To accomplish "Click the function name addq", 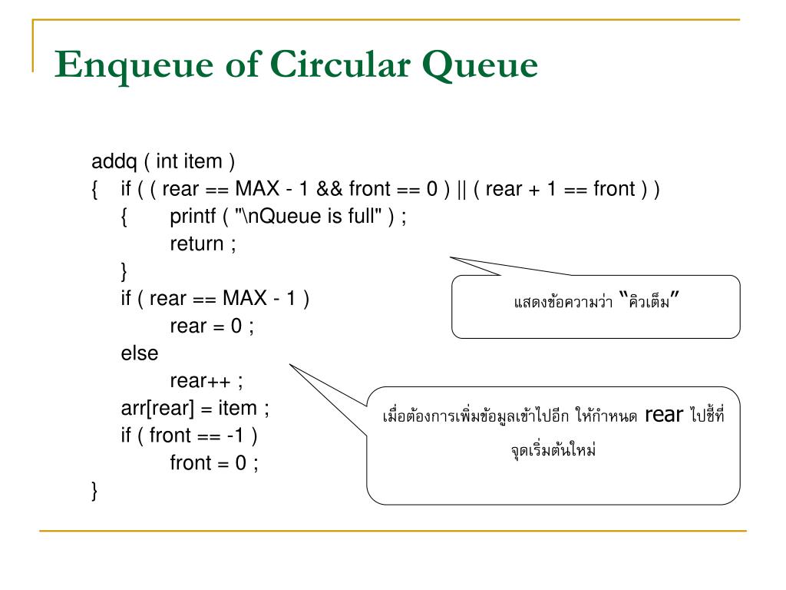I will [114, 162].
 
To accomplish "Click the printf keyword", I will [193, 217].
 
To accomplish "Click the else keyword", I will [139, 353].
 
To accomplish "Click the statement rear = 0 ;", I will [211, 326].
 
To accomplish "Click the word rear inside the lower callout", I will [664, 416].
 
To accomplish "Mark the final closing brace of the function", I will [94, 490].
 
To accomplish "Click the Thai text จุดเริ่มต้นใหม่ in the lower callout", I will [553, 450].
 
